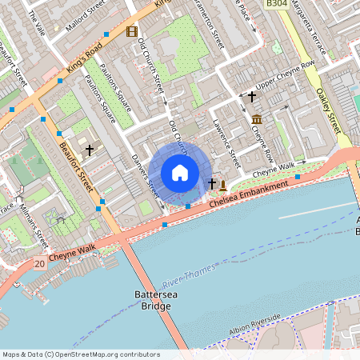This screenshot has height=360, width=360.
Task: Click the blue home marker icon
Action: pos(180,172)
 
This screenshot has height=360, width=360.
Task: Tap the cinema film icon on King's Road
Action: pos(131,32)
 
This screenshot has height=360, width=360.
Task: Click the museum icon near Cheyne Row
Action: pos(256,120)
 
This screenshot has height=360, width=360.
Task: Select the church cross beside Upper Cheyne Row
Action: pos(252,97)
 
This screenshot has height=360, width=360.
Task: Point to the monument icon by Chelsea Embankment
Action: pos(223,186)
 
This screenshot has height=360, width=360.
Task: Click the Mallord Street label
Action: pos(86,13)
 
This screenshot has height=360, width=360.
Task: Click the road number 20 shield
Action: pos(39,263)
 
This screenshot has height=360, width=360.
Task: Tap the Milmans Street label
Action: pos(43,221)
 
